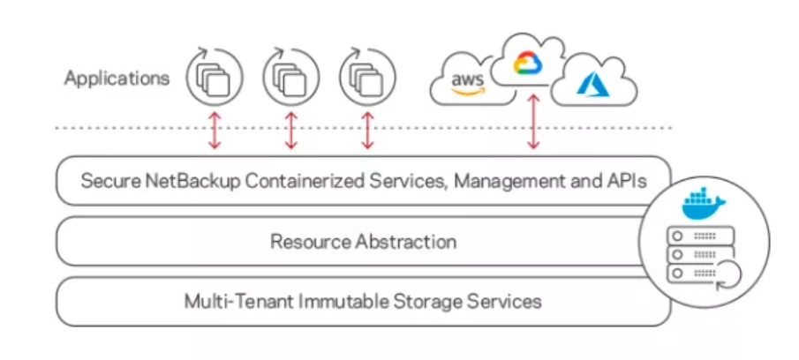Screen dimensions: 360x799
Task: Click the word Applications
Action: tap(117, 79)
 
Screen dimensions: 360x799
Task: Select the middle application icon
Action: tap(290, 78)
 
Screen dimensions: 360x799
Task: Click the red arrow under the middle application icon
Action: tap(290, 130)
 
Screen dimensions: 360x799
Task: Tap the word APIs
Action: tap(622, 182)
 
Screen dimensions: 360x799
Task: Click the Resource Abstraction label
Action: tap(363, 241)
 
